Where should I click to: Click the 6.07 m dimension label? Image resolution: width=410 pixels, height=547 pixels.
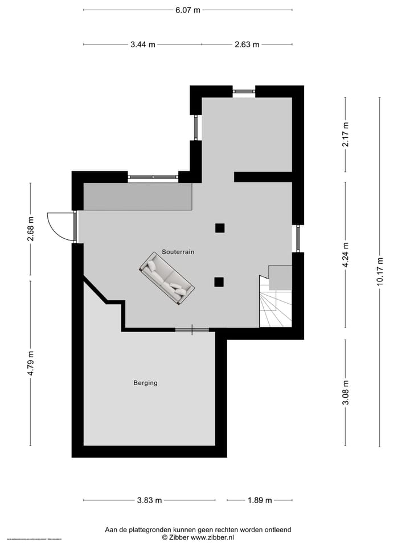click(188, 10)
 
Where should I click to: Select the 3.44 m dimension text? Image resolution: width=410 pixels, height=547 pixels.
click(142, 44)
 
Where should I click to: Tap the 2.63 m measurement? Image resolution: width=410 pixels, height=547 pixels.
click(247, 44)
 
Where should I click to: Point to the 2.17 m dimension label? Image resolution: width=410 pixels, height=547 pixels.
click(345, 134)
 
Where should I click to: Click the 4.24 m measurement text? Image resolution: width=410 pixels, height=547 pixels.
click(345, 255)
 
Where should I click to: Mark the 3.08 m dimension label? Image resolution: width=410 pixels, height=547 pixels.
click(345, 393)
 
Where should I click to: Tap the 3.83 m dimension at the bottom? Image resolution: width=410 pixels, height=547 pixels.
click(149, 500)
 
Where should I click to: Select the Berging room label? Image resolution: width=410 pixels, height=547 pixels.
click(145, 383)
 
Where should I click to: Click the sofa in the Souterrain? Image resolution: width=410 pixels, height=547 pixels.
click(167, 279)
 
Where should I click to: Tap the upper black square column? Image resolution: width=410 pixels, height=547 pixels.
click(220, 228)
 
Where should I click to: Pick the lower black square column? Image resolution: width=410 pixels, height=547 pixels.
click(219, 281)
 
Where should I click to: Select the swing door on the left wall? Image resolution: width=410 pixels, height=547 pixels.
click(60, 226)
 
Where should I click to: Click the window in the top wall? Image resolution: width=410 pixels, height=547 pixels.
click(244, 91)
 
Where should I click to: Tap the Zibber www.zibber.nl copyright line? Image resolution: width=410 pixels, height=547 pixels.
click(198, 537)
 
